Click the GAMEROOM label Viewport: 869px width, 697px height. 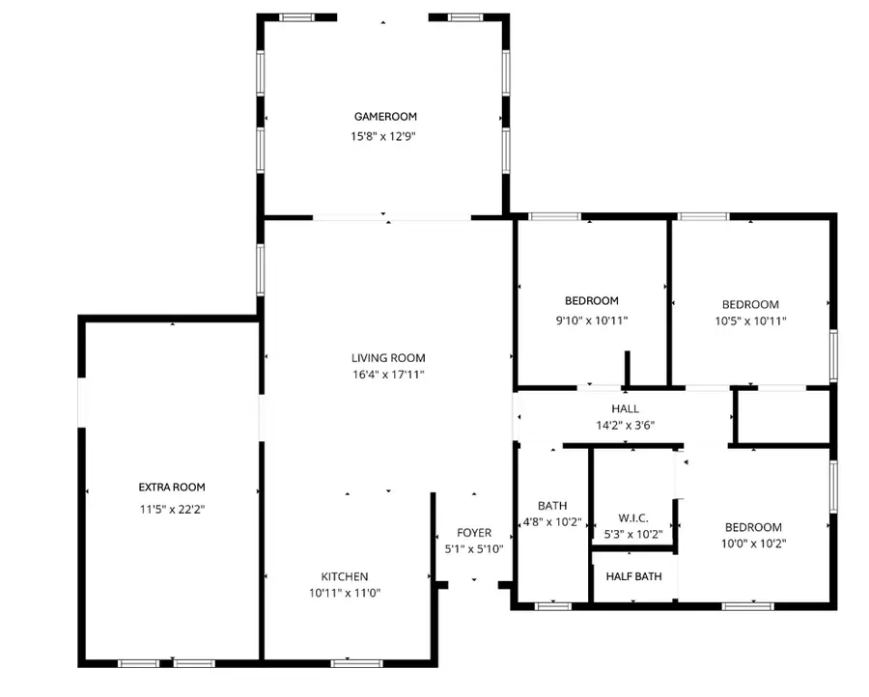point(383,117)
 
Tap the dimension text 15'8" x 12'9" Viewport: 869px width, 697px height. point(383,136)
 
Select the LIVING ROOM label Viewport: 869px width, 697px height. point(388,358)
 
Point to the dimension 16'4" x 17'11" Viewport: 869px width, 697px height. point(388,375)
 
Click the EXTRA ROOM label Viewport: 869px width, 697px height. point(172,488)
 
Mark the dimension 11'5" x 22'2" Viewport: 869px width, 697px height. point(172,507)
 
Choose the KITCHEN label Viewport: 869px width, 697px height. point(345,576)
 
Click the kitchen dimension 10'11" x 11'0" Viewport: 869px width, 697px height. point(345,593)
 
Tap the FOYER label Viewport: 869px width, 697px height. point(474,533)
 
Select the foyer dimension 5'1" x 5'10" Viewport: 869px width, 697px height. point(474,548)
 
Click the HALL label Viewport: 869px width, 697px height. point(625,408)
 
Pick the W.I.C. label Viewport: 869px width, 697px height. point(632,517)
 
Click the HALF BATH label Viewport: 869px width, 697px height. point(633,576)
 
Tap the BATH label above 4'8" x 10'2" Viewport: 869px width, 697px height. point(552,505)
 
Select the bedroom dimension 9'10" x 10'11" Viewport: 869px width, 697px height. point(591,320)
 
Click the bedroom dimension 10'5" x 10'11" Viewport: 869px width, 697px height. point(750,320)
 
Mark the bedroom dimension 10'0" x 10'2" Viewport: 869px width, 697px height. point(753,543)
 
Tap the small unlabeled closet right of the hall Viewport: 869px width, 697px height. point(781,416)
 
